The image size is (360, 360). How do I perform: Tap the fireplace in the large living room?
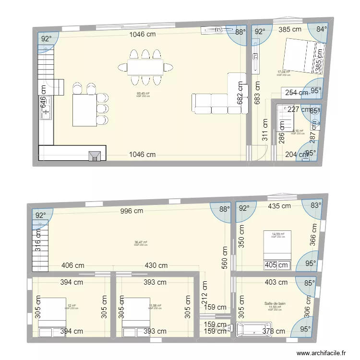(x=95, y=155)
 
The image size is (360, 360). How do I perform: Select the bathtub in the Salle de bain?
(x=246, y=330)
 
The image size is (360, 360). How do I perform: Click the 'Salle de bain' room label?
(x=275, y=303)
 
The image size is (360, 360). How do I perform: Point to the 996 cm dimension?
(x=132, y=211)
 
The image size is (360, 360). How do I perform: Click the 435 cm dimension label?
(x=279, y=206)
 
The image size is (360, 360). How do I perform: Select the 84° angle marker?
(x=321, y=29)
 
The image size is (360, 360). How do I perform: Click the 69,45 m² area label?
(x=143, y=94)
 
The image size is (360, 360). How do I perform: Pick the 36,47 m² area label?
(x=141, y=242)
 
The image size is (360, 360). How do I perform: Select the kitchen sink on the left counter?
(x=47, y=114)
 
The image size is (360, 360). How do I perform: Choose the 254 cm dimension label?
(x=297, y=93)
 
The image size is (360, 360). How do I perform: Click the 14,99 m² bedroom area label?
(x=278, y=234)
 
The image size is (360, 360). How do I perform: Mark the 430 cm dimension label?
(x=156, y=265)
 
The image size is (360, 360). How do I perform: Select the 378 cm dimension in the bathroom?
(x=273, y=331)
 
